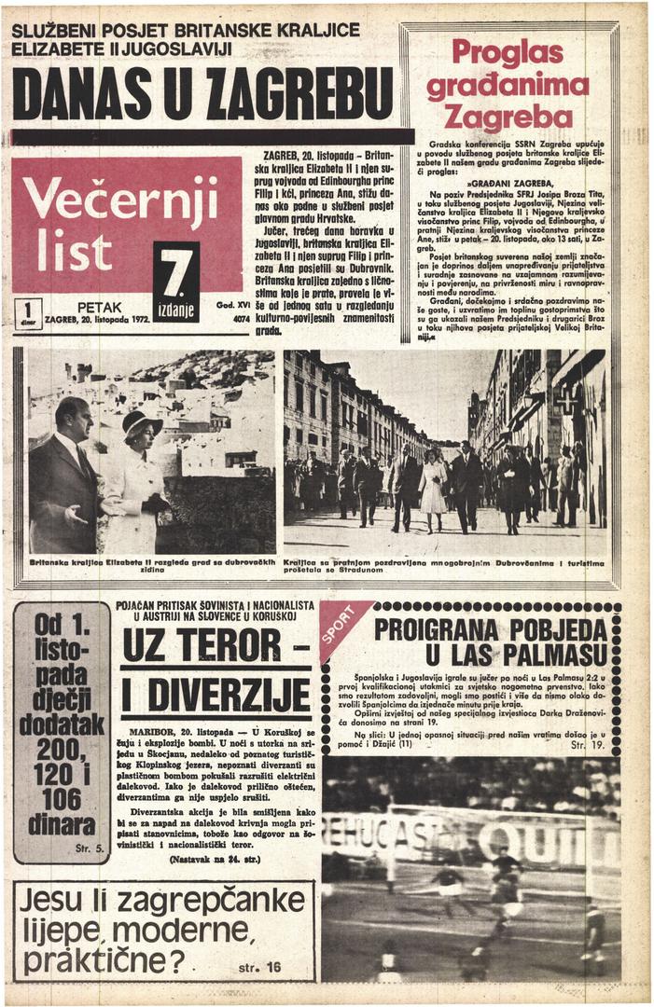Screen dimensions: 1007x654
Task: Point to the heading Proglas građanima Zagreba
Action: coord(508,86)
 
